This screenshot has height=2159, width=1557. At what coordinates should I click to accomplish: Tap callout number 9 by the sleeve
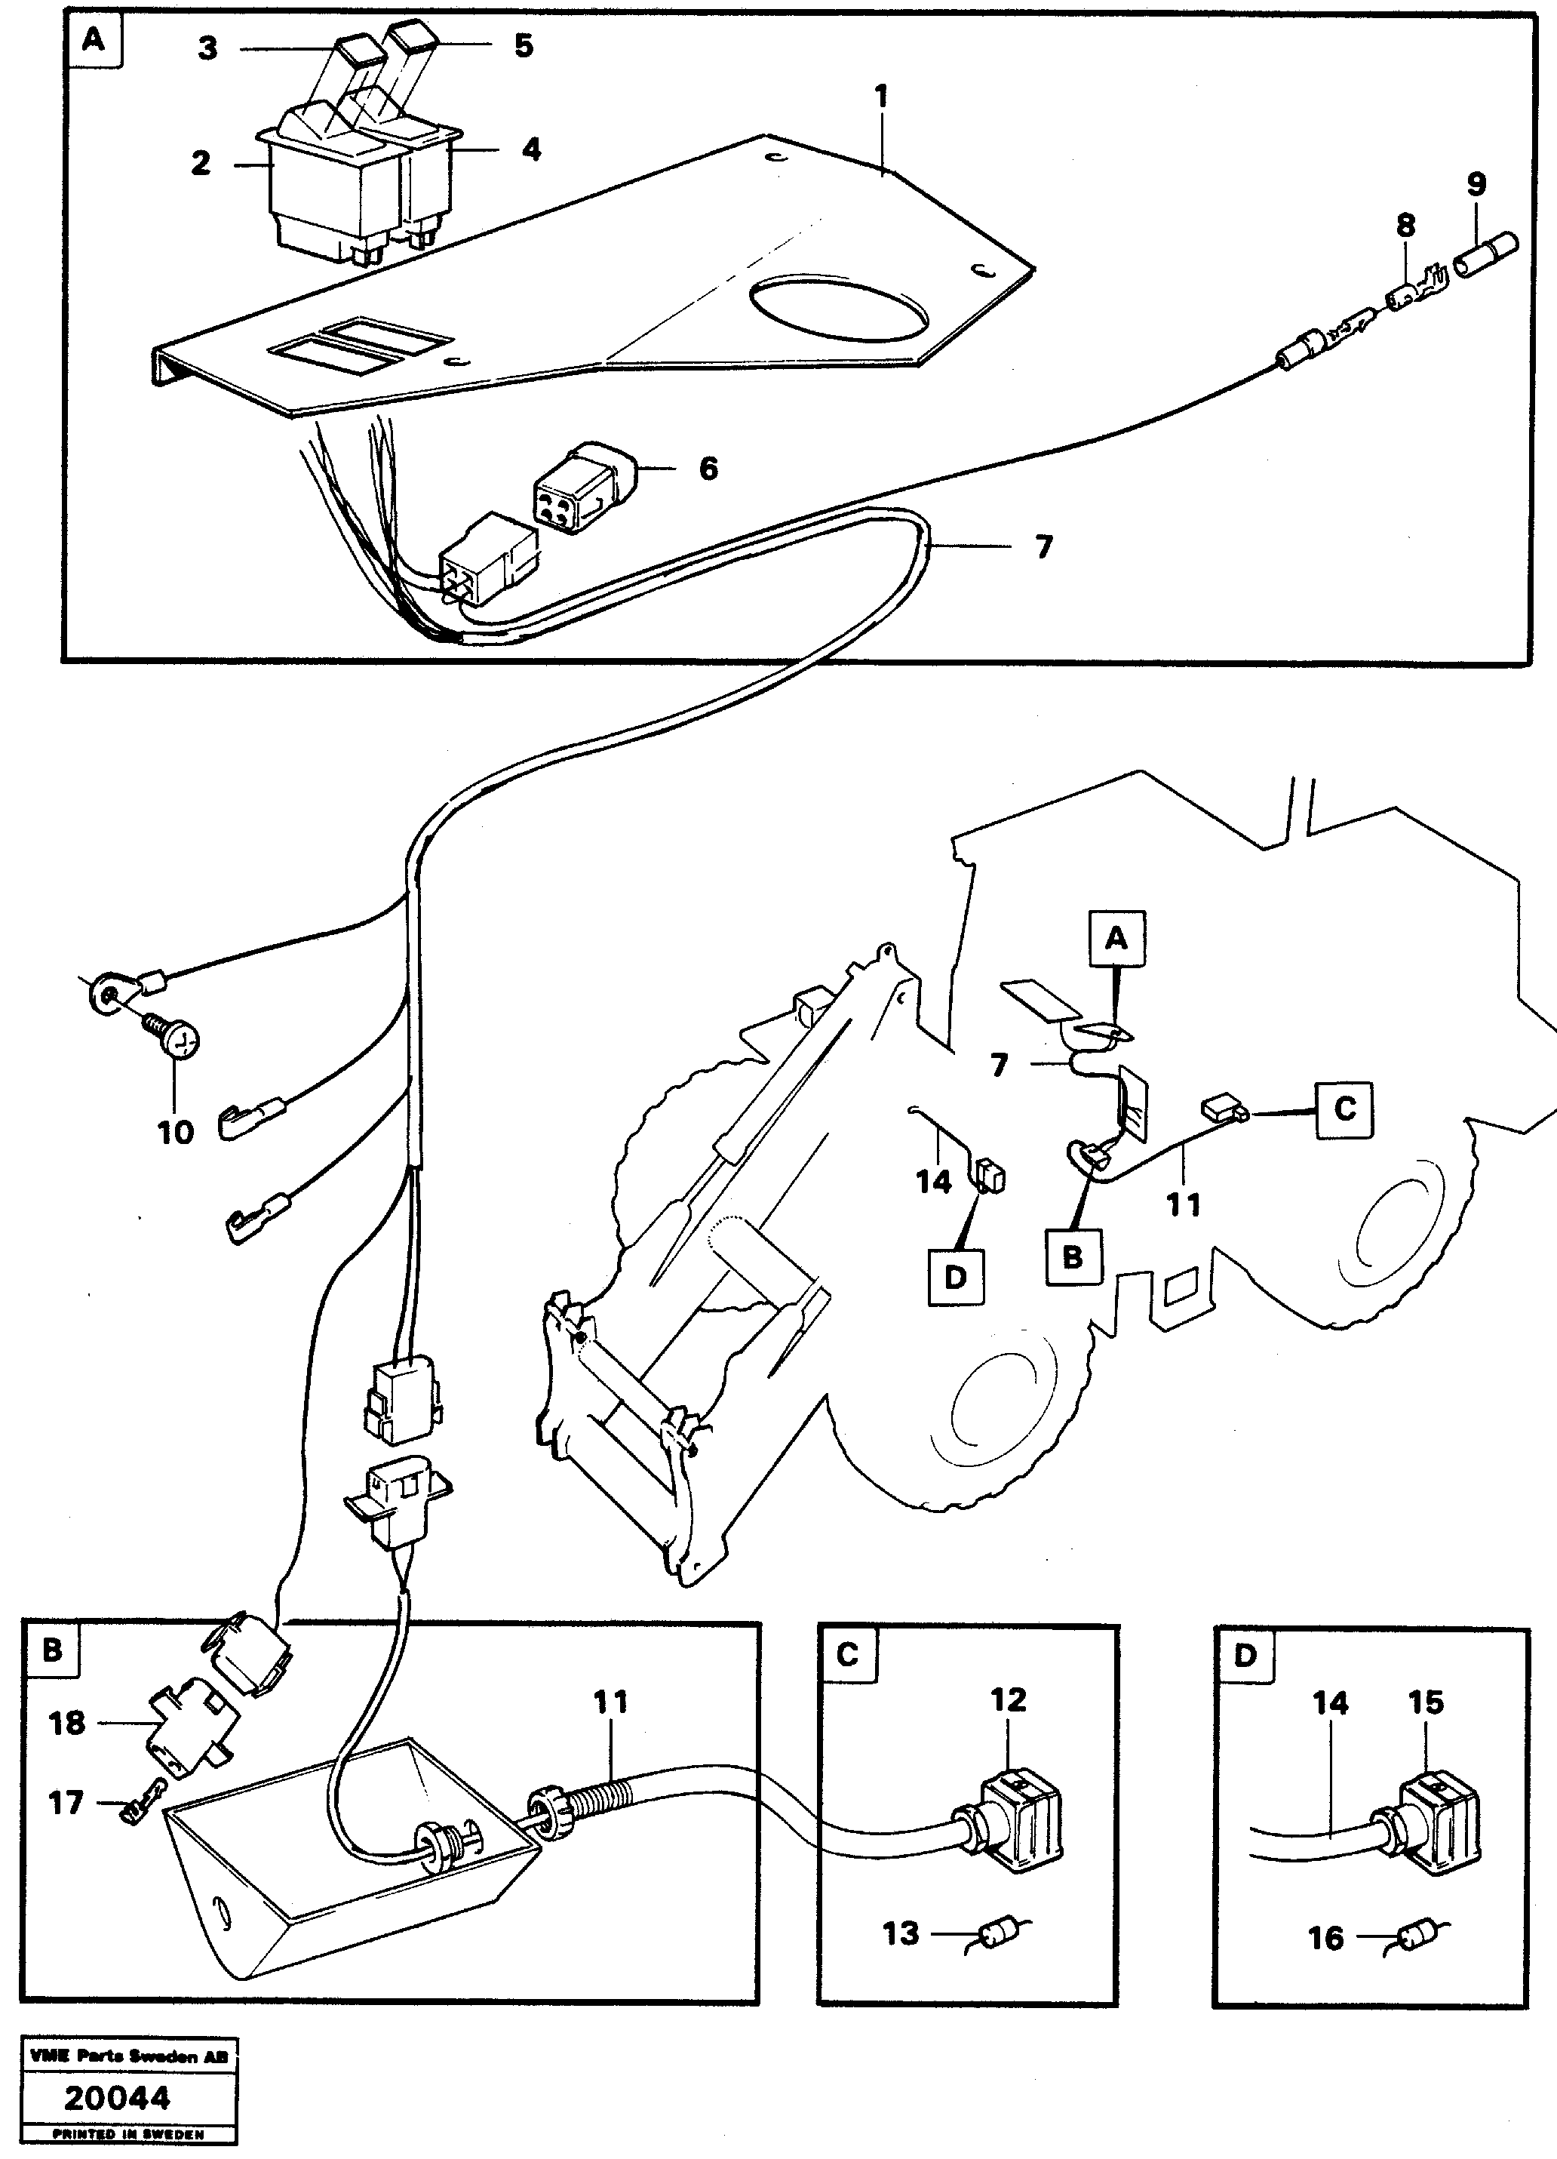click(x=1476, y=183)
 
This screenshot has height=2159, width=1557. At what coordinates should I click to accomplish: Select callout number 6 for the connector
click(x=708, y=469)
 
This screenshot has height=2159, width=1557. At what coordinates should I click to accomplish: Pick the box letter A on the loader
click(x=1117, y=939)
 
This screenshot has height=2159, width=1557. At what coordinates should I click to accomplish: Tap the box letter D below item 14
click(x=956, y=1277)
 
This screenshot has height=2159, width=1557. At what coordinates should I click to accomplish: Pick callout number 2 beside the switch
click(x=200, y=163)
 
